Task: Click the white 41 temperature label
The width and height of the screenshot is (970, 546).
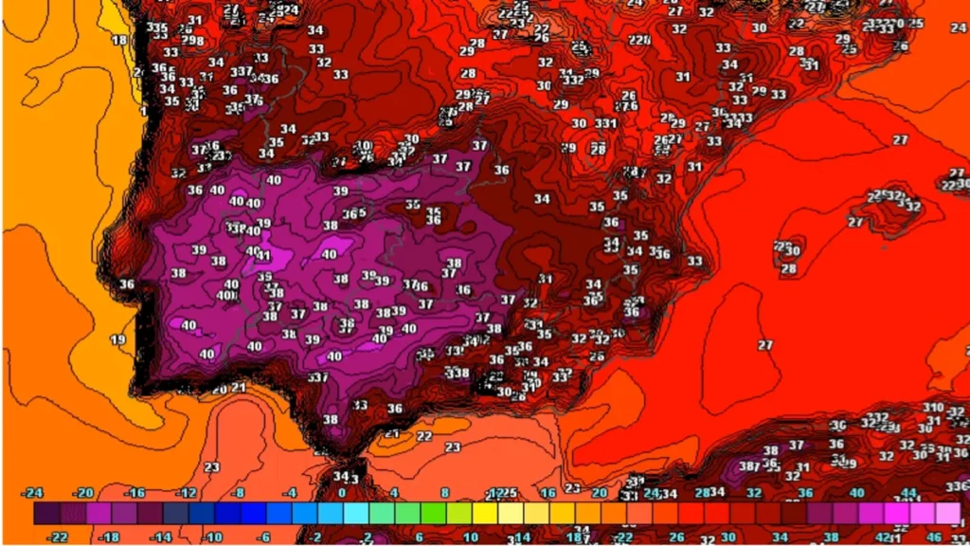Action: pos(263,256)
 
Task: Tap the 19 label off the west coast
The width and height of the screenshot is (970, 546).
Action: pos(118,339)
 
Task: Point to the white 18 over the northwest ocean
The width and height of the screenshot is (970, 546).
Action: pos(119,40)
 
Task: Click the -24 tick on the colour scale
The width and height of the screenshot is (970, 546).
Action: pos(34,493)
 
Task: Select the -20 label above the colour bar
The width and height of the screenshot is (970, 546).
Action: pos(85,493)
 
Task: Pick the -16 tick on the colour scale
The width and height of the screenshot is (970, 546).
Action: pos(135,493)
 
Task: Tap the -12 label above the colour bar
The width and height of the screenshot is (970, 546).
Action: pos(187,493)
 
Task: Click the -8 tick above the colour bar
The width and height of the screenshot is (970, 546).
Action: pos(239,493)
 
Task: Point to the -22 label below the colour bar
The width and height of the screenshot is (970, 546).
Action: pos(59,537)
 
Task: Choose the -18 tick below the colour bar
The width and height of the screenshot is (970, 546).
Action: pos(110,537)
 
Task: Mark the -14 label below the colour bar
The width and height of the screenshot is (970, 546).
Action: pos(161,537)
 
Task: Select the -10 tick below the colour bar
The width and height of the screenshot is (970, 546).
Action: pos(212,537)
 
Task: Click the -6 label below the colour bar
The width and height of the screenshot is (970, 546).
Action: pos(263,537)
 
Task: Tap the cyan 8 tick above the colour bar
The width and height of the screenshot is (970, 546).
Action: pos(444,493)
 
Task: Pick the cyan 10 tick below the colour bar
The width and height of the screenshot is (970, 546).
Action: pos(470,537)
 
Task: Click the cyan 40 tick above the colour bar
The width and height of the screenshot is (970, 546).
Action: pos(856,493)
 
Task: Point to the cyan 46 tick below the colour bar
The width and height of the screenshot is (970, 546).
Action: pos(933,537)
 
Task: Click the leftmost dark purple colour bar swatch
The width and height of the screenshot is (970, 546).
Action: pos(46,514)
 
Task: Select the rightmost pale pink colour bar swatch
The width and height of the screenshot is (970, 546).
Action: pos(947,514)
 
